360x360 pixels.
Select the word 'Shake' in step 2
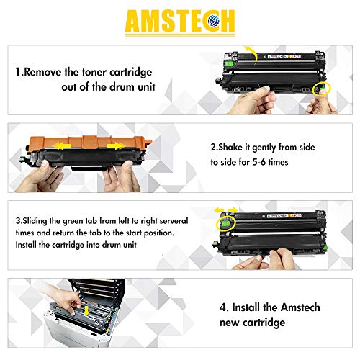point(242,146)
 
